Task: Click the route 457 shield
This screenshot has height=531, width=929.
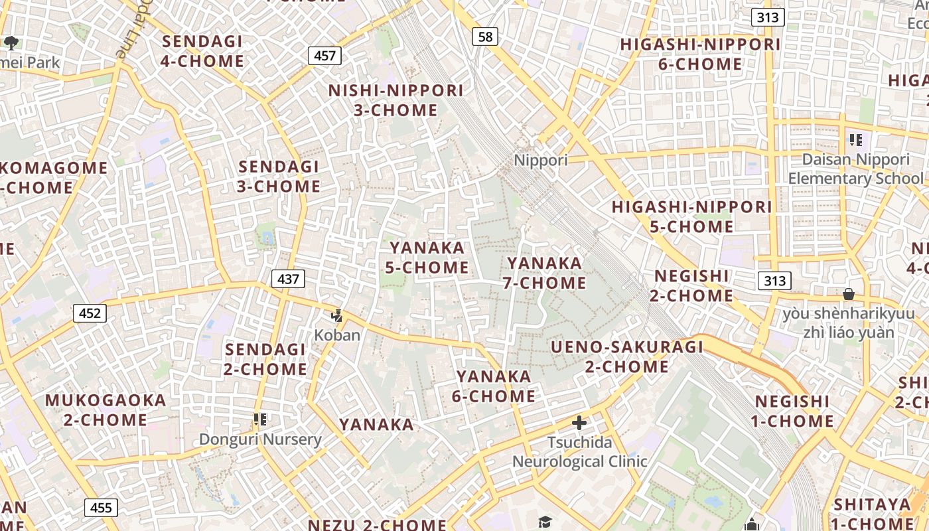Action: click(x=324, y=55)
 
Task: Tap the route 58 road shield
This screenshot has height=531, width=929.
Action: click(x=486, y=37)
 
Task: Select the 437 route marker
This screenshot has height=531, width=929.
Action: click(x=288, y=279)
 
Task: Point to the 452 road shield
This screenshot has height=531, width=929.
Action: click(x=90, y=313)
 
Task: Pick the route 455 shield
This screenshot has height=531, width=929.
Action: click(x=101, y=508)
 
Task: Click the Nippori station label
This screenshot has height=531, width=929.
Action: click(x=541, y=161)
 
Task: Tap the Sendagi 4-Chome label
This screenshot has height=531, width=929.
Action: click(x=202, y=51)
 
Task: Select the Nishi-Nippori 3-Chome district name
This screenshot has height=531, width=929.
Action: click(x=395, y=100)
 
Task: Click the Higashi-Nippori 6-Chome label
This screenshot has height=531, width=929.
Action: click(x=700, y=54)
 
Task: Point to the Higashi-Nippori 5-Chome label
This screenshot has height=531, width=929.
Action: click(x=691, y=216)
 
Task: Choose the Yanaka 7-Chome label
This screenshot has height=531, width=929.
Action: click(x=544, y=273)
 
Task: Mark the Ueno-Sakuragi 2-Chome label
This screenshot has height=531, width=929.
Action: click(x=627, y=356)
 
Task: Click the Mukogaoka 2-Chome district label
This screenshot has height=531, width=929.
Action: click(x=106, y=410)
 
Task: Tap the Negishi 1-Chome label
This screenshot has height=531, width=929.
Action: click(x=792, y=411)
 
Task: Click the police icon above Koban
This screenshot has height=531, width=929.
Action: click(x=337, y=315)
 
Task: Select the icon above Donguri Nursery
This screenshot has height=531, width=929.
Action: click(x=260, y=419)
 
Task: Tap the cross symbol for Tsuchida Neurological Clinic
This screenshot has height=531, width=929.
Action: click(x=579, y=422)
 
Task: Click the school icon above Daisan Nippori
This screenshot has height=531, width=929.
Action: click(x=855, y=139)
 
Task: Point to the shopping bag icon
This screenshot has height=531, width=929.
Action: click(x=848, y=293)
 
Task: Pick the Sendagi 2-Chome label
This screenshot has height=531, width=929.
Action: click(x=265, y=359)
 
